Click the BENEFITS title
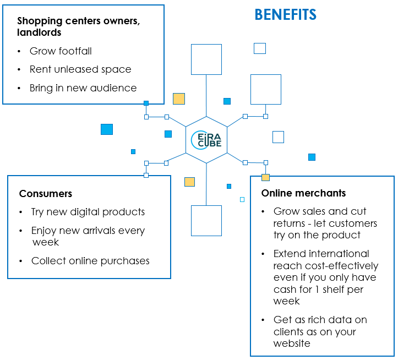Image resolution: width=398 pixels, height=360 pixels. click(285, 15)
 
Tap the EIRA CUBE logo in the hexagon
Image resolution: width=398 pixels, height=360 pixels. click(206, 140)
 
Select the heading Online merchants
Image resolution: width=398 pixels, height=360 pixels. click(303, 193)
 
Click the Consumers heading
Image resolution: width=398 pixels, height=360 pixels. click(46, 194)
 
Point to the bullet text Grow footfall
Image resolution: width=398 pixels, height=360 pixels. click(61, 51)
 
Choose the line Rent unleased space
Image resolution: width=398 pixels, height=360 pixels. click(80, 69)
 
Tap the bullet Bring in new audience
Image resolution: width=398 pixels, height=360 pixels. click(84, 88)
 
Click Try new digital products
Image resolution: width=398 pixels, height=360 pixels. click(88, 212)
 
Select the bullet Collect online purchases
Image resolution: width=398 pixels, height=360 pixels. click(90, 261)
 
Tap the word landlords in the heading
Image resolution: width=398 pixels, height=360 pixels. click(39, 32)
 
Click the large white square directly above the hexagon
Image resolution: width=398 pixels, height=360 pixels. click(206, 59)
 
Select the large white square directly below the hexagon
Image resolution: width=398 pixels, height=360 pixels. click(206, 221)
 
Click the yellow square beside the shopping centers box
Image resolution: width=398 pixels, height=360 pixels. click(179, 99)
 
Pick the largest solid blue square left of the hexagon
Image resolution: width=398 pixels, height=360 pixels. click(107, 129)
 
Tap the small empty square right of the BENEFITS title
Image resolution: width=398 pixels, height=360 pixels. click(260, 48)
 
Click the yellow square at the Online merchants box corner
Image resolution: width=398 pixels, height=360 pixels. click(265, 177)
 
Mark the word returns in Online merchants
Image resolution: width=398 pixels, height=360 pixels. click(291, 223)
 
